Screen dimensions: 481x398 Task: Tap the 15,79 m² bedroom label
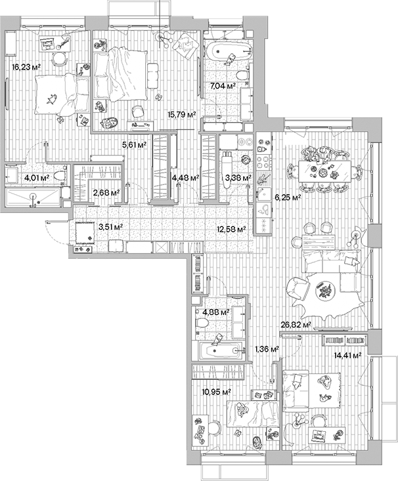pyautogui.click(x=183, y=114)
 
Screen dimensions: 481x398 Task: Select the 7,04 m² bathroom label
pyautogui.click(x=223, y=86)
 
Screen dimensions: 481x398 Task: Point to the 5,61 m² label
pyautogui.click(x=134, y=145)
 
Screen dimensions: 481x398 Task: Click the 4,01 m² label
pyautogui.click(x=37, y=177)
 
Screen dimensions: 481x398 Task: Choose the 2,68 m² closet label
pyautogui.click(x=106, y=193)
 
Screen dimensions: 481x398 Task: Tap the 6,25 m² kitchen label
pyautogui.click(x=288, y=197)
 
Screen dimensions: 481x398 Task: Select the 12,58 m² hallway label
pyautogui.click(x=231, y=229)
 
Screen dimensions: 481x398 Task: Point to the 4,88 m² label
pyautogui.click(x=216, y=312)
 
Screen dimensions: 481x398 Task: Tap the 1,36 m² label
pyautogui.click(x=267, y=349)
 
